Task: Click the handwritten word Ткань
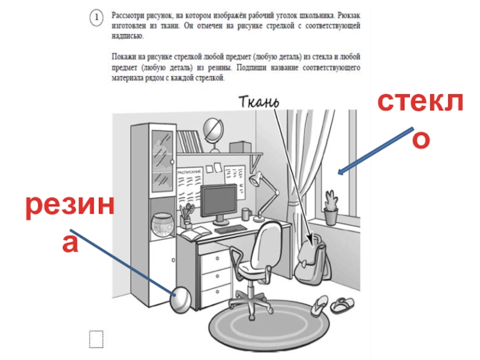[x=259, y=101]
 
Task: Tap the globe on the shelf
[x=214, y=131]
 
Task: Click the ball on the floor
[x=181, y=300]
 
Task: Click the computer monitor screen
[x=219, y=200]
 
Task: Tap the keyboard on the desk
[x=230, y=229]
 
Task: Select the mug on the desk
[x=247, y=214]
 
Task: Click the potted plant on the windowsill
[x=331, y=207]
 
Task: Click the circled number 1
[x=96, y=17]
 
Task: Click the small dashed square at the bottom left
[x=96, y=339]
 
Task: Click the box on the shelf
[x=241, y=147]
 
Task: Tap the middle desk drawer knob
[x=217, y=276]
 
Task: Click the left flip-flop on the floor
[x=320, y=305]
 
